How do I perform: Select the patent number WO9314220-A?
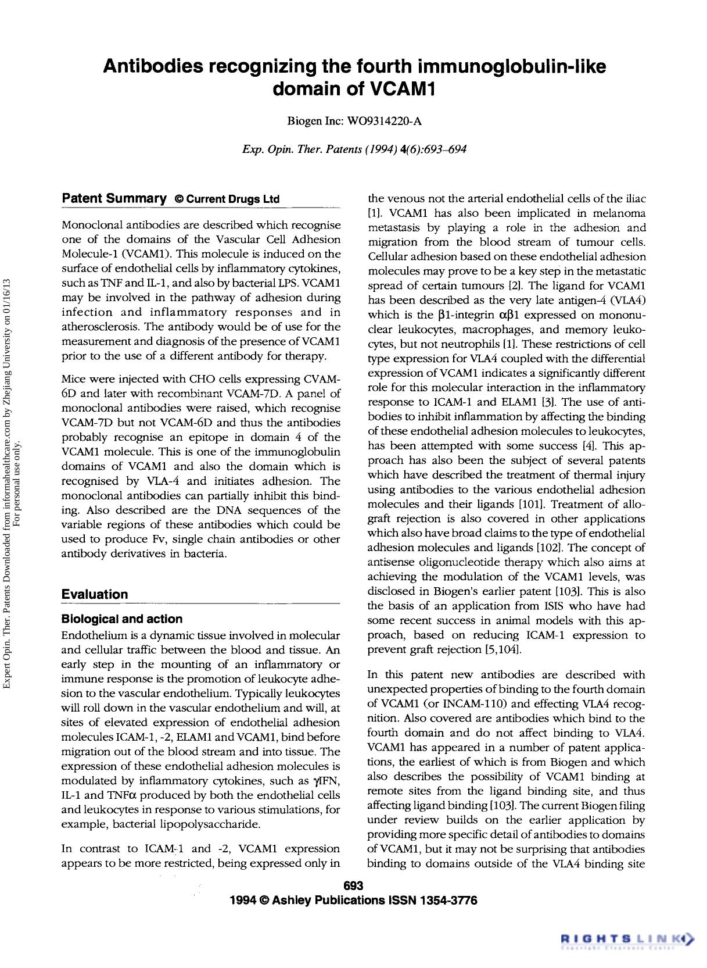(x=384, y=121)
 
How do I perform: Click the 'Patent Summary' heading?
(x=114, y=198)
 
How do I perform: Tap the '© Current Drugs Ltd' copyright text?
(x=227, y=199)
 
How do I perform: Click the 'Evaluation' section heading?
(x=95, y=594)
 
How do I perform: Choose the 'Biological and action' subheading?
(x=122, y=619)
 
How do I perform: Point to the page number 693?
(x=353, y=886)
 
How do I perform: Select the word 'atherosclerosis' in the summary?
(x=101, y=327)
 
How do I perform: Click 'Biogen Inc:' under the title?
(x=316, y=121)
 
